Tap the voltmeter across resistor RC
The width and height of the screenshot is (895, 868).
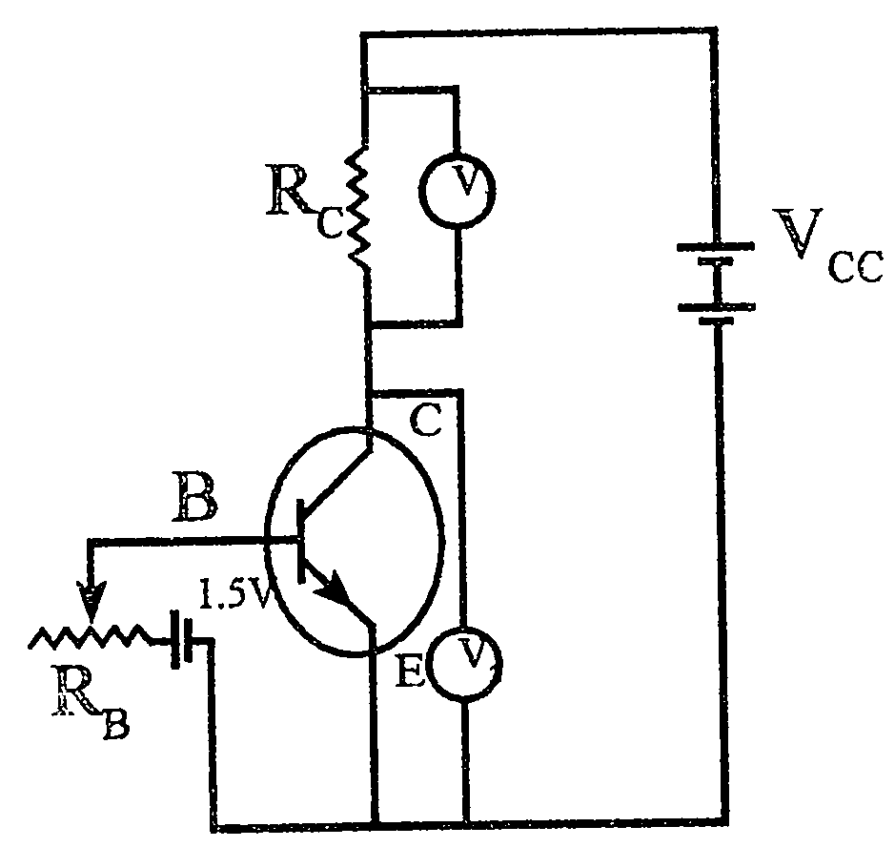458,189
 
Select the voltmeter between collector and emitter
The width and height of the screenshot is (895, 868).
464,662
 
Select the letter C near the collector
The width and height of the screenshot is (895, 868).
425,421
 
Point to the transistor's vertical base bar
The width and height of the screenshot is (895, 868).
300,540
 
